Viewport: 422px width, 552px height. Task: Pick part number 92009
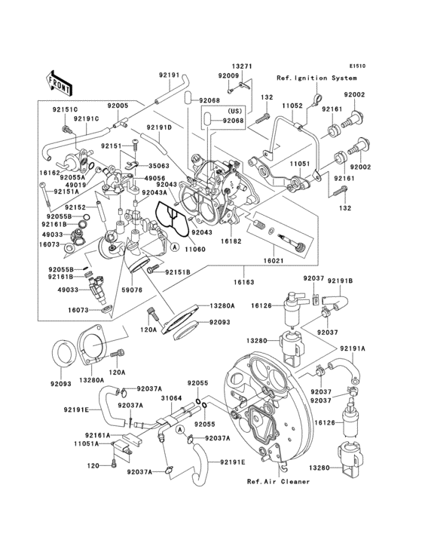(x=228, y=76)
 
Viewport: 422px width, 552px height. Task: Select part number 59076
(x=132, y=290)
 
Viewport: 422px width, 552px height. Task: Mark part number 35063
(x=157, y=164)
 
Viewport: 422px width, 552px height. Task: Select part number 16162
(x=50, y=173)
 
